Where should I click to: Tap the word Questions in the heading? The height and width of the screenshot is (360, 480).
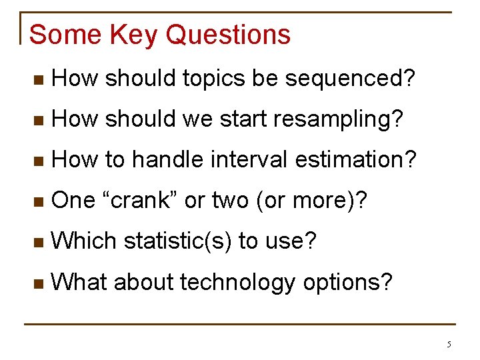(228, 34)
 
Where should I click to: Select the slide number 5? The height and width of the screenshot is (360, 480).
(449, 345)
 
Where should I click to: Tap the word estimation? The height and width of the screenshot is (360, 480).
(351, 159)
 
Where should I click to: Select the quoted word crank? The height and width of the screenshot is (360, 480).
(140, 199)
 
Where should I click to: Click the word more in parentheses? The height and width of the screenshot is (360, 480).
(319, 201)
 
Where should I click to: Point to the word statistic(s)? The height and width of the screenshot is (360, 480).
(177, 241)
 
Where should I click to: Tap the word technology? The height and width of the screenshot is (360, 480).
(237, 283)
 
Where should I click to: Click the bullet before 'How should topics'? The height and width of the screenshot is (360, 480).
(39, 80)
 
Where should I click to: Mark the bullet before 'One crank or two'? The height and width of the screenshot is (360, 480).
(39, 202)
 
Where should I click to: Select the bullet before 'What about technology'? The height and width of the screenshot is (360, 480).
(39, 284)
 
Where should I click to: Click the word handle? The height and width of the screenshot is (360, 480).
(168, 159)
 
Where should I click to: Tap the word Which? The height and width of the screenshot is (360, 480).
(83, 240)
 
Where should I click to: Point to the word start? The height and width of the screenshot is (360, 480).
(243, 119)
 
